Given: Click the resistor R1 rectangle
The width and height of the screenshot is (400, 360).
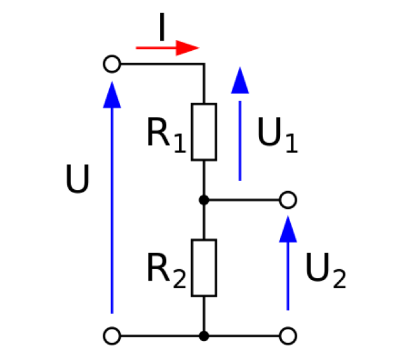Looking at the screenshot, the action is point(192,132).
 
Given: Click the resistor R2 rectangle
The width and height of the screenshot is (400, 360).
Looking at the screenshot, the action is point(192,268).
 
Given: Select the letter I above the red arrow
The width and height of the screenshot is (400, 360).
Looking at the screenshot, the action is point(162,27).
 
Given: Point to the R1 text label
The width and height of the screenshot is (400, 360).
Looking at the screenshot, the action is point(166,135).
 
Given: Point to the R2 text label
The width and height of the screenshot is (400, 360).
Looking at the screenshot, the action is point(166,270).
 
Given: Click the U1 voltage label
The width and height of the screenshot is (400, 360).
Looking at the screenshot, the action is point(277,135).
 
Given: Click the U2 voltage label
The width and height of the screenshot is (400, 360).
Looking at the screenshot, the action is point(326,270).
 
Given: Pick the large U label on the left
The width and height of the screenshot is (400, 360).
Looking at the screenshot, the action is point(77,178).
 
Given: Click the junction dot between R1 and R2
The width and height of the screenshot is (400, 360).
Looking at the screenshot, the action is point(204,200).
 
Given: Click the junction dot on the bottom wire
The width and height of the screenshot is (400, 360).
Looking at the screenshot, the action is point(204,336).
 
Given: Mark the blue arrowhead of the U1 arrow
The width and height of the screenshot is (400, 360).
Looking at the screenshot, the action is point(240,81).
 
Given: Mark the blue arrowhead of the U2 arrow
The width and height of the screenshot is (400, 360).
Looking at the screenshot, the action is point(288,230).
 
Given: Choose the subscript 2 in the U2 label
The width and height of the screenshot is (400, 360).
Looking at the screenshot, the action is point(340,279).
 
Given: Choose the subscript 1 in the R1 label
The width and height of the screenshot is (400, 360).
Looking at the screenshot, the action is point(180,144).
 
